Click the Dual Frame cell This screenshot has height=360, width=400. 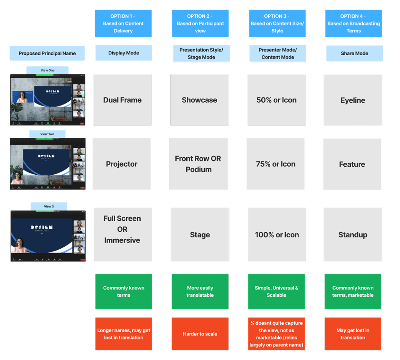click(122, 100)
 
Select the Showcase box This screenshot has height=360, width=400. click(199, 100)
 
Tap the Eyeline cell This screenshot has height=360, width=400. click(353, 100)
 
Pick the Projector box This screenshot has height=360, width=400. click(122, 164)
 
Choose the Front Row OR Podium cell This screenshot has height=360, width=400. click(198, 164)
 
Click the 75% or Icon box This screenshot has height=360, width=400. click(276, 164)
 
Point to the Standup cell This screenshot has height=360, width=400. click(353, 235)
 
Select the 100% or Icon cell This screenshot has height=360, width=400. click(277, 235)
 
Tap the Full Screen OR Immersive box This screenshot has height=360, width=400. click(122, 235)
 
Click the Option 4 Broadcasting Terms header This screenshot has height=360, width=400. click(354, 23)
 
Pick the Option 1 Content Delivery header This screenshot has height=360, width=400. click(123, 23)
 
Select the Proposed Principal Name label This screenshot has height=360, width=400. click(47, 54)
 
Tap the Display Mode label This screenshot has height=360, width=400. click(123, 53)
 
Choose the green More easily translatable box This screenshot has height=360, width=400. click(200, 292)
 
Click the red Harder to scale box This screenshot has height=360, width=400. click(200, 334)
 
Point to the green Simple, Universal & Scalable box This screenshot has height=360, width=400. click(277, 292)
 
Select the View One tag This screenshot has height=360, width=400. click(48, 70)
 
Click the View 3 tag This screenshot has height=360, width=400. click(49, 206)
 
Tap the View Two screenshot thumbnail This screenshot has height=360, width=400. click(48, 164)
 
